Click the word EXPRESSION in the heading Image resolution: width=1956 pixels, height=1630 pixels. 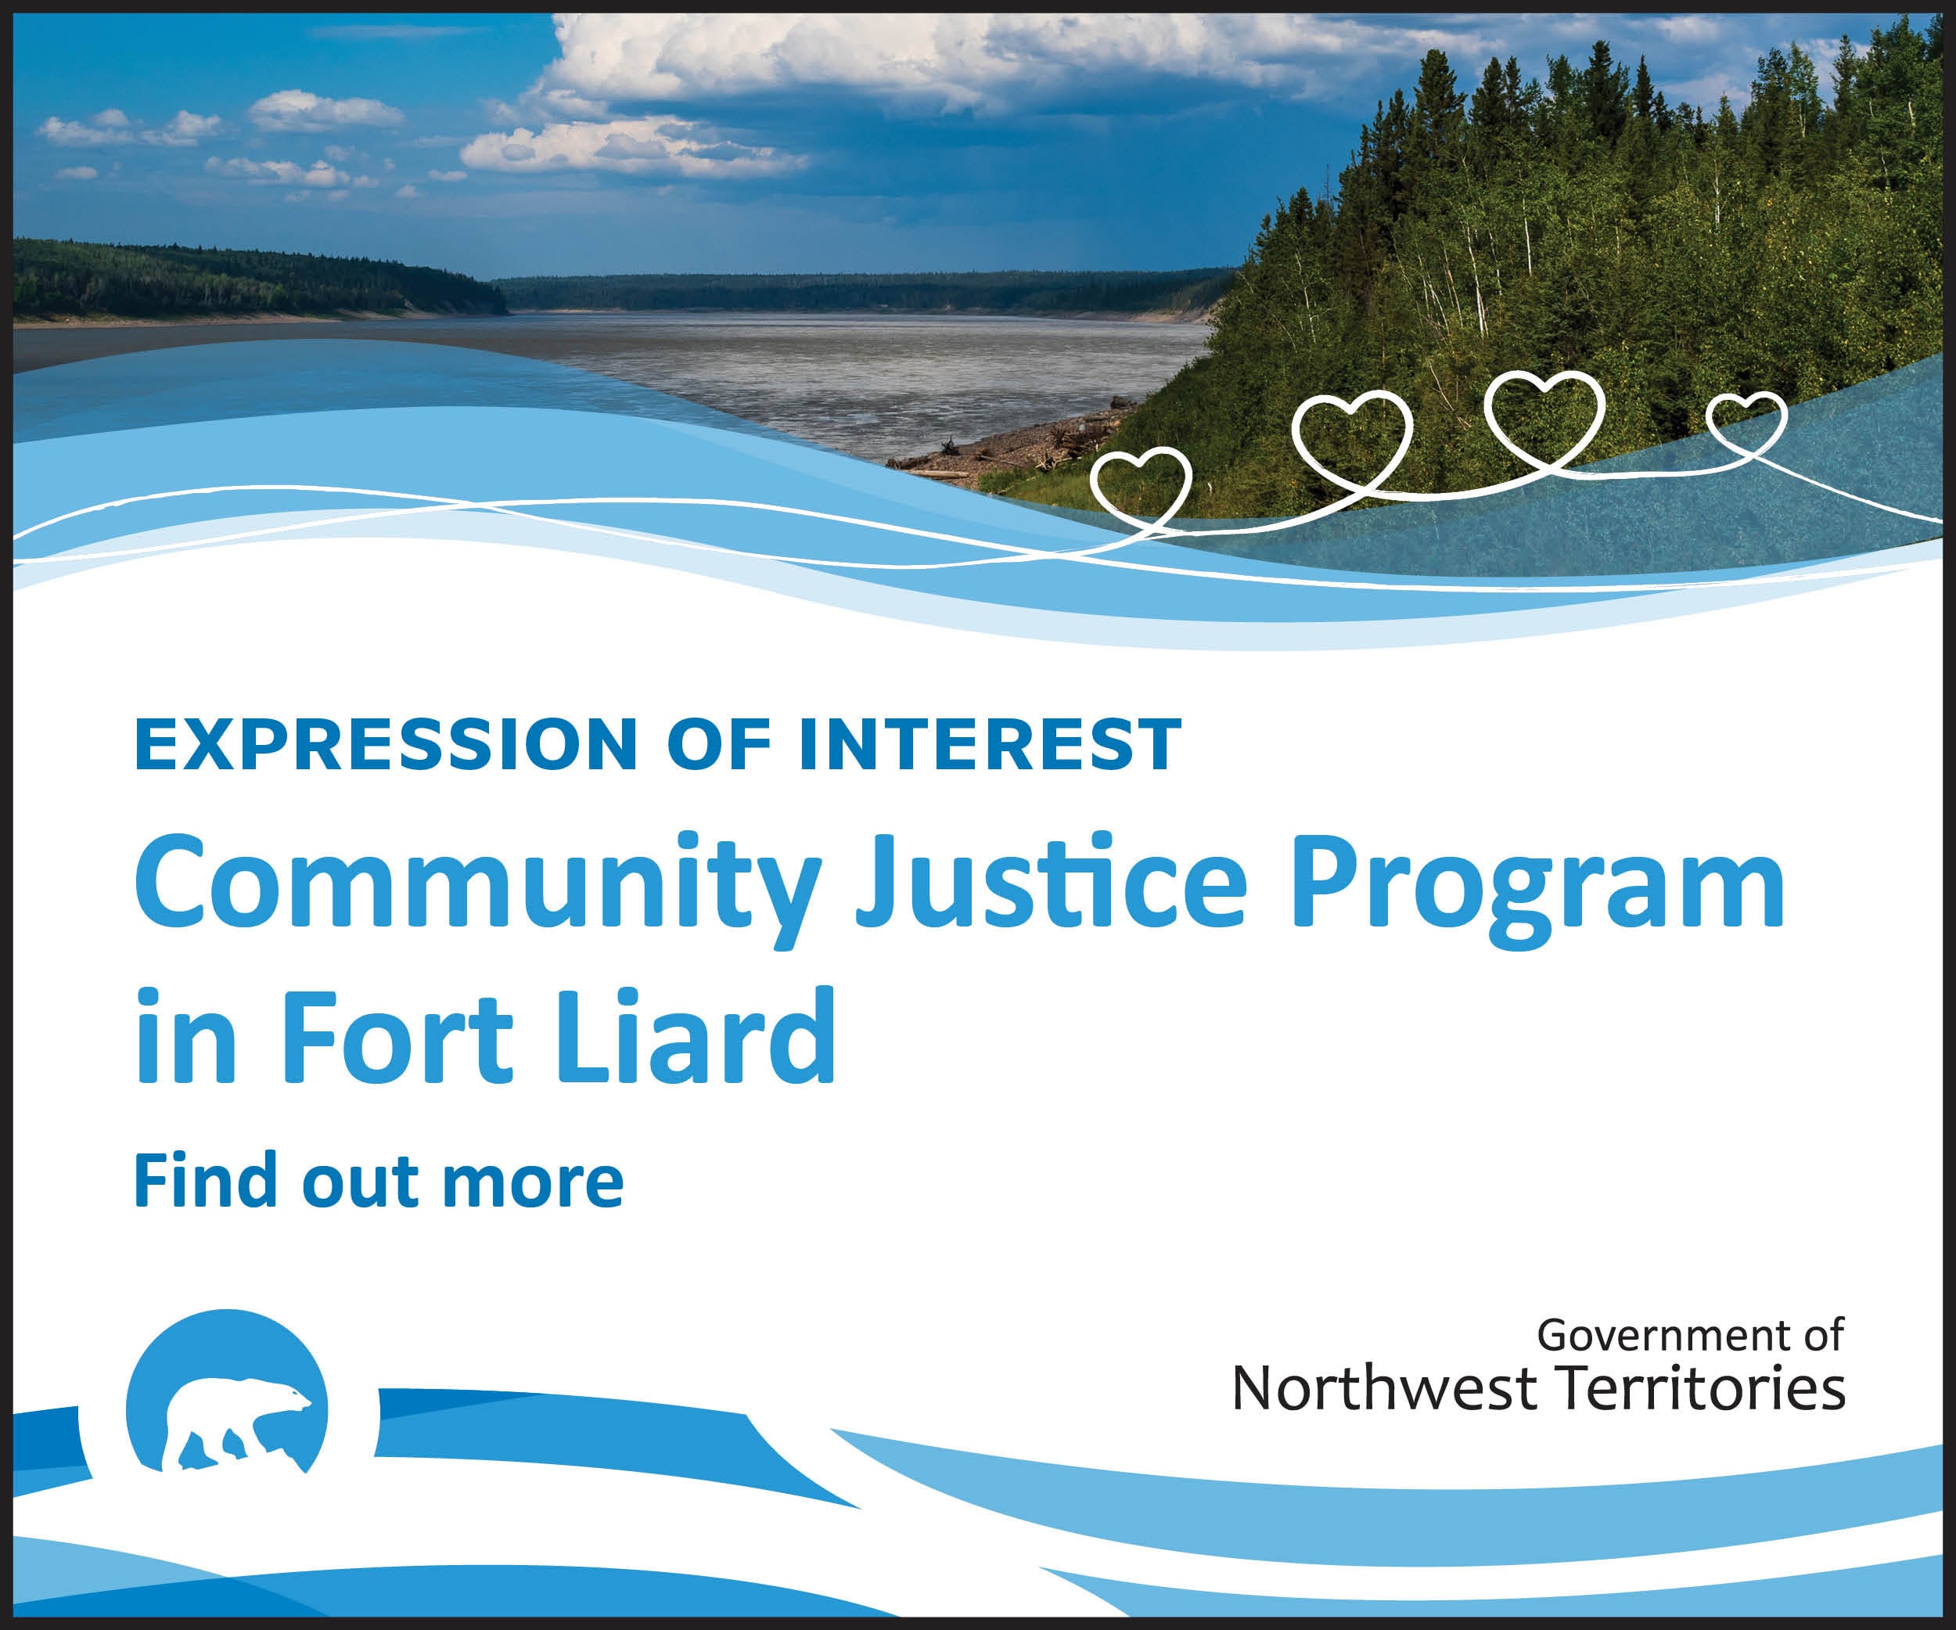(386, 745)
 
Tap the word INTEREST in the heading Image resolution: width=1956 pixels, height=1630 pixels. (990, 745)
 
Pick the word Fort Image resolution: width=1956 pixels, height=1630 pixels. (396, 1036)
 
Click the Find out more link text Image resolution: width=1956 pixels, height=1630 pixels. (378, 1180)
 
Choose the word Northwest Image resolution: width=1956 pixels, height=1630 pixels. (1384, 1389)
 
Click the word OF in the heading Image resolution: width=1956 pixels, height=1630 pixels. (719, 745)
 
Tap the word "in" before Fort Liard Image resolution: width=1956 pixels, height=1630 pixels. (186, 1036)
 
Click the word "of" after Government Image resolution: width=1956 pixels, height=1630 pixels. (1824, 1336)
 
